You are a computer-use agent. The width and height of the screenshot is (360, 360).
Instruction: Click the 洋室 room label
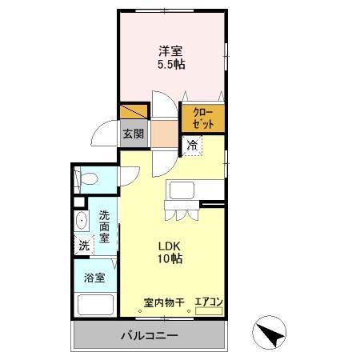pyautogui.click(x=171, y=50)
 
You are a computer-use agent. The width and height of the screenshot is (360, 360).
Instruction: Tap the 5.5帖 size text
pyautogui.click(x=171, y=65)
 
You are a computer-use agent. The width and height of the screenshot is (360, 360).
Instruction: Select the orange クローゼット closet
pyautogui.click(x=203, y=118)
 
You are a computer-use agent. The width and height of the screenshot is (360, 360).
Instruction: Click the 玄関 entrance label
pyautogui.click(x=133, y=134)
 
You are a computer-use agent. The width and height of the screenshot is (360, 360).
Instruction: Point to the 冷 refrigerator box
pyautogui.click(x=192, y=146)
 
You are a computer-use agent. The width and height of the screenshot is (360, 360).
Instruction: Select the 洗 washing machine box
pyautogui.click(x=84, y=246)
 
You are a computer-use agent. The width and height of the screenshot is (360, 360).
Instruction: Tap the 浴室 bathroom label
pyautogui.click(x=94, y=278)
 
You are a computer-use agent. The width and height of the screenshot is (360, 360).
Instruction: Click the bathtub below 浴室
pyautogui.click(x=94, y=305)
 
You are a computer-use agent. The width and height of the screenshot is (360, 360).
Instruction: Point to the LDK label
pyautogui.click(x=170, y=245)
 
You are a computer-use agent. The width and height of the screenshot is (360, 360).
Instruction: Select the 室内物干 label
pyautogui.click(x=164, y=302)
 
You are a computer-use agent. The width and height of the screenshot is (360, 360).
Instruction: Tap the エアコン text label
pyautogui.click(x=208, y=302)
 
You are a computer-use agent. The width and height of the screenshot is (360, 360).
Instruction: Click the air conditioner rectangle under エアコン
pyautogui.click(x=208, y=310)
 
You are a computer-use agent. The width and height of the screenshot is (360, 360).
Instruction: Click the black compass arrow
pyautogui.click(x=271, y=334)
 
